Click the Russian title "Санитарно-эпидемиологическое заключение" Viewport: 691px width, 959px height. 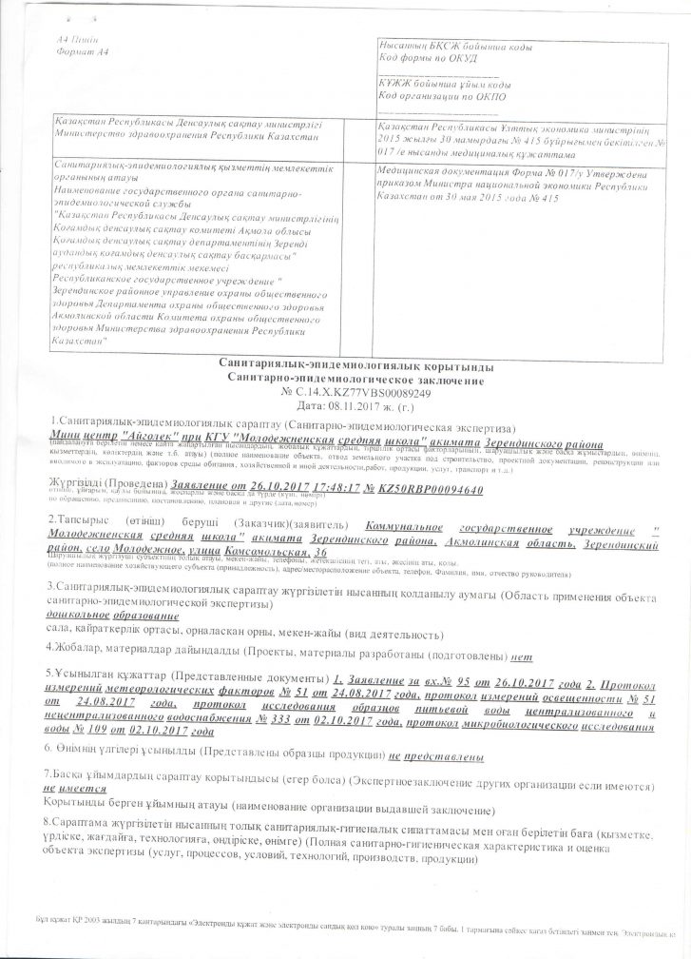pos(347,379)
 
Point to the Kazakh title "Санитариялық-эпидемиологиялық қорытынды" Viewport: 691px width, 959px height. pos(347,366)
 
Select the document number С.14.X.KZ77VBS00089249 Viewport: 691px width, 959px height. pos(356,391)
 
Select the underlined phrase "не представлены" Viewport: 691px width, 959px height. pos(435,755)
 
